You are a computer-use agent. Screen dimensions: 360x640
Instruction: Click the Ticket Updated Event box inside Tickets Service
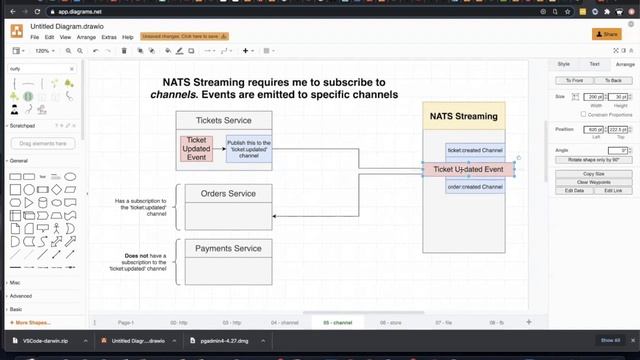tap(198, 147)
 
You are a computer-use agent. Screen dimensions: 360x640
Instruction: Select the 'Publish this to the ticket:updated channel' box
tap(249, 149)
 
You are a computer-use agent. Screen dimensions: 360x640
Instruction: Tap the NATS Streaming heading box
tap(463, 116)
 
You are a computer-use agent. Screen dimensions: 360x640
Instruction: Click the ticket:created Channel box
tap(475, 151)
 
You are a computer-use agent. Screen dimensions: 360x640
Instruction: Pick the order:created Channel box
tap(475, 187)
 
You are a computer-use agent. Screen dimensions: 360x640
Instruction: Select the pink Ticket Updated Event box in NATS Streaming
tap(468, 169)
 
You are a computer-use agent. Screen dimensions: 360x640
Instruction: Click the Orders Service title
tap(228, 194)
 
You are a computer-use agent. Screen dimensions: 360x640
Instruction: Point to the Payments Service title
tap(228, 248)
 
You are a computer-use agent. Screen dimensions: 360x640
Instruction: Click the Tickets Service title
tap(223, 120)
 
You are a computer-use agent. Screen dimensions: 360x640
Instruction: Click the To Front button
tap(574, 80)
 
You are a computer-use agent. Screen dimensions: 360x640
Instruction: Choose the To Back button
tap(613, 80)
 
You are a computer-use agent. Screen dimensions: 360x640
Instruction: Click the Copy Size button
tap(594, 174)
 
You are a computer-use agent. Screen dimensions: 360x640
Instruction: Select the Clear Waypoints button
tap(594, 182)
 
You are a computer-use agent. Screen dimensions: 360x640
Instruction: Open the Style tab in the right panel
tap(563, 64)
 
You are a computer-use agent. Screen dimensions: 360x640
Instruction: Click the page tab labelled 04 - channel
tap(284, 323)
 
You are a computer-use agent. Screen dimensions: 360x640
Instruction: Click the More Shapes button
tap(34, 323)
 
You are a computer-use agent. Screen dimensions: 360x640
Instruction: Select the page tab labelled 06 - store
tap(390, 323)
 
